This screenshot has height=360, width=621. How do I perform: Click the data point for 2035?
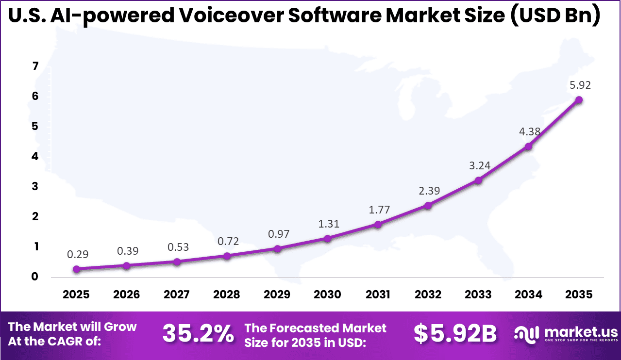(579, 100)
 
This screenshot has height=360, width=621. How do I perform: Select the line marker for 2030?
(327, 238)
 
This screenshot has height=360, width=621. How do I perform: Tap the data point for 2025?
(76, 269)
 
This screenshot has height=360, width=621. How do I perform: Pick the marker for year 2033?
(478, 180)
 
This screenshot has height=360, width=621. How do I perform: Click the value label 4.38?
(529, 131)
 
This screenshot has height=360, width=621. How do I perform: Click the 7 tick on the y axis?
(35, 66)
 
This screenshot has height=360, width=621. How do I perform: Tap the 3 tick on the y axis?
(35, 187)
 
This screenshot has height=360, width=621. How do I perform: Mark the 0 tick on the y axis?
(35, 277)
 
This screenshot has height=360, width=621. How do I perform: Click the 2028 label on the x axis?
(227, 295)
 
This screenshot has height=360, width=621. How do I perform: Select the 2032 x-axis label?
(428, 295)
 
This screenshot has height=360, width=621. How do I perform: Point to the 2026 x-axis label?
(126, 295)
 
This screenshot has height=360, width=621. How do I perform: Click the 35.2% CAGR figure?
(198, 334)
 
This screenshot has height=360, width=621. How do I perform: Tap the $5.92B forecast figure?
(455, 334)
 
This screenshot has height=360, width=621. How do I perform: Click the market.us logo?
(566, 334)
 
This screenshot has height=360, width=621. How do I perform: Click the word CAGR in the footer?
(82, 342)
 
